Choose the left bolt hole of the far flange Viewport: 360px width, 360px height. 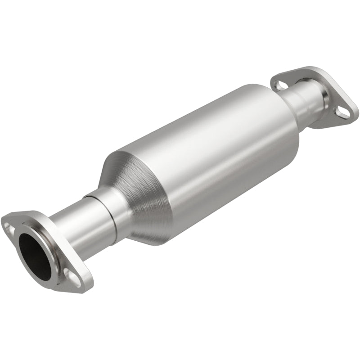click(x=280, y=84)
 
